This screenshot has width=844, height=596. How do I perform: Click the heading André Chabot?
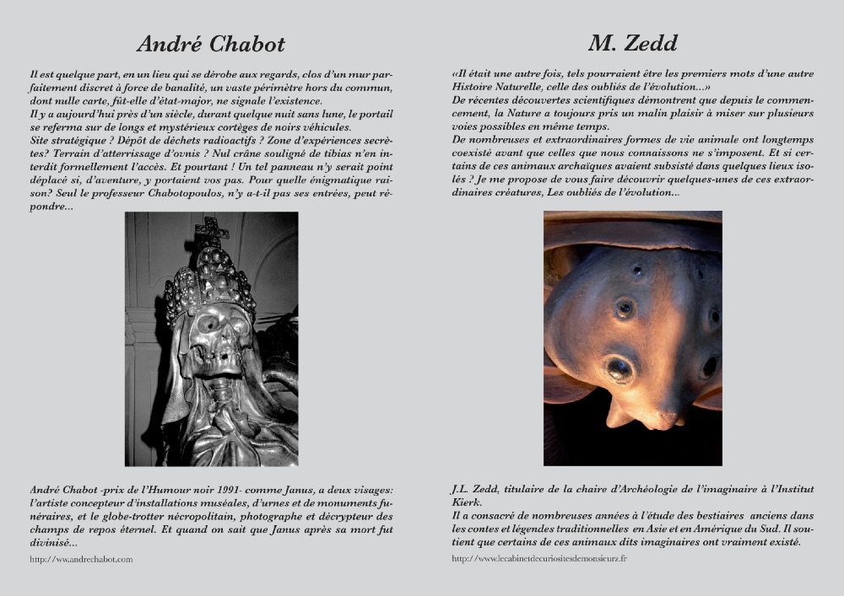point(211,44)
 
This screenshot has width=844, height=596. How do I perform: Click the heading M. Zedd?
point(632,43)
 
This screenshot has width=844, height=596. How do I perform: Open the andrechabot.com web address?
point(81,559)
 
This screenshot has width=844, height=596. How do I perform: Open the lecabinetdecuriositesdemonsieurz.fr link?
point(539,558)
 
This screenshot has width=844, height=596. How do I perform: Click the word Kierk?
point(467,503)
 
